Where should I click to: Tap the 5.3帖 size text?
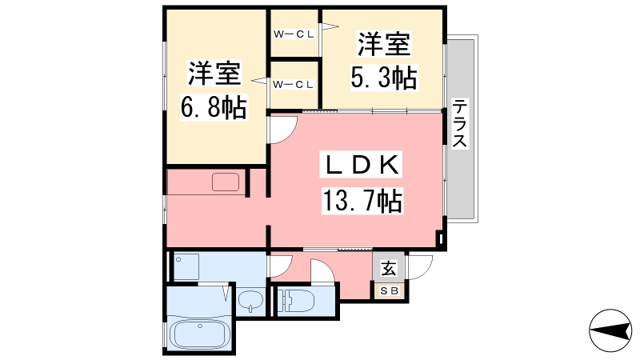383,78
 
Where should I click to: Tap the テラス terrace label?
460,124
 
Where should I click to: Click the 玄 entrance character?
388,268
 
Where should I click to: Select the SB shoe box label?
388,290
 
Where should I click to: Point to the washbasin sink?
250,302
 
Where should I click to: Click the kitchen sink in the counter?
226,182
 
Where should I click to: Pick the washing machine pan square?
187,266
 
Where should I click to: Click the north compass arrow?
611,329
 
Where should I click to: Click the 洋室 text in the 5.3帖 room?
383,43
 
